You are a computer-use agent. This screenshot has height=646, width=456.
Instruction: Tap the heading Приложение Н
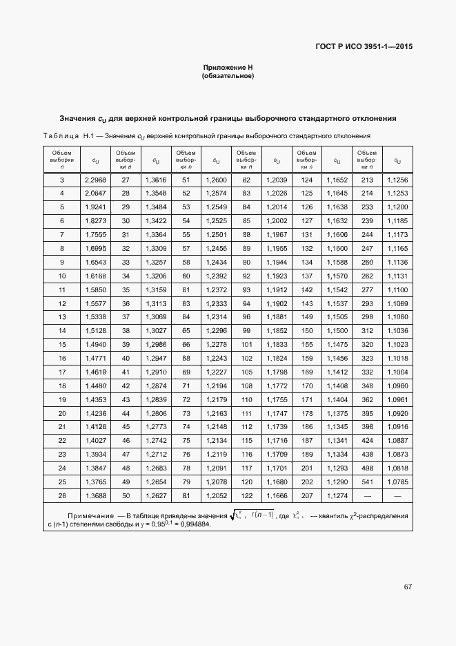click(228, 68)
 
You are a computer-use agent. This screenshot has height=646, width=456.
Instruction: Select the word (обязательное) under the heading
click(228, 76)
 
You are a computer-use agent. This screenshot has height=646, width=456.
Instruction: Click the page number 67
click(408, 587)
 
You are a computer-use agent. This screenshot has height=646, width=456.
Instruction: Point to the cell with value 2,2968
click(95, 180)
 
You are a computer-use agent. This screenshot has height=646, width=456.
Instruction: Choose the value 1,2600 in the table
click(216, 180)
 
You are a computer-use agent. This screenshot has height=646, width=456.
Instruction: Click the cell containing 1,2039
click(276, 180)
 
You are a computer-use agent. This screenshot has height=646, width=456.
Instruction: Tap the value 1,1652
click(337, 180)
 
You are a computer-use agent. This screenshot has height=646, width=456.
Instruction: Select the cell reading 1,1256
click(397, 180)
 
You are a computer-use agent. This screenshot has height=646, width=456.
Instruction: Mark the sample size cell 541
click(367, 481)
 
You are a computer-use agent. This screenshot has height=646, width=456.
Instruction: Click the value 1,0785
click(397, 481)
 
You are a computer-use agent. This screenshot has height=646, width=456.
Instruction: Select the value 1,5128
click(95, 331)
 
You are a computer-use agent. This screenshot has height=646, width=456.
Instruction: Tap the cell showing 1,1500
click(337, 331)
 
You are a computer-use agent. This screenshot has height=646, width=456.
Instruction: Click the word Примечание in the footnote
click(90, 516)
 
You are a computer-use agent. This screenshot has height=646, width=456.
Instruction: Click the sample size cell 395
click(367, 413)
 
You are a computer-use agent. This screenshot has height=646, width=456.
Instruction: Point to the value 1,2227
click(216, 372)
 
